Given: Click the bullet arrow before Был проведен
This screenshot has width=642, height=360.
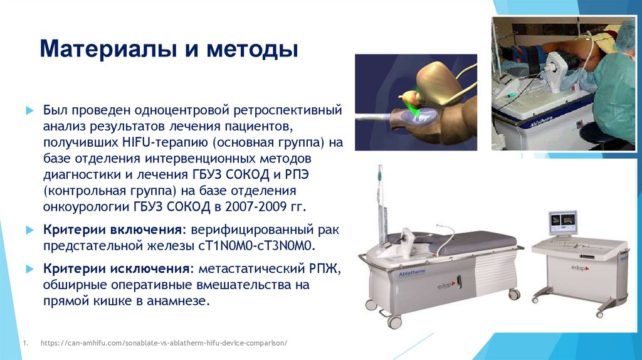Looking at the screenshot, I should [x=29, y=110].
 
